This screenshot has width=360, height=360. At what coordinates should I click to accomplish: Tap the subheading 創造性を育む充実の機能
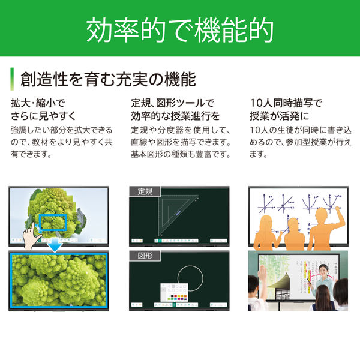(108, 79)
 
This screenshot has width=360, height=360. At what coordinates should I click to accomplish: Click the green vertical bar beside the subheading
(12, 79)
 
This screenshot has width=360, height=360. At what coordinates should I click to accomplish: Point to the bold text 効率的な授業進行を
(175, 115)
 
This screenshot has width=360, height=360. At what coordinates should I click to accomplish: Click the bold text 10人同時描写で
(285, 102)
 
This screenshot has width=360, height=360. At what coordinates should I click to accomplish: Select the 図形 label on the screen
(145, 256)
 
